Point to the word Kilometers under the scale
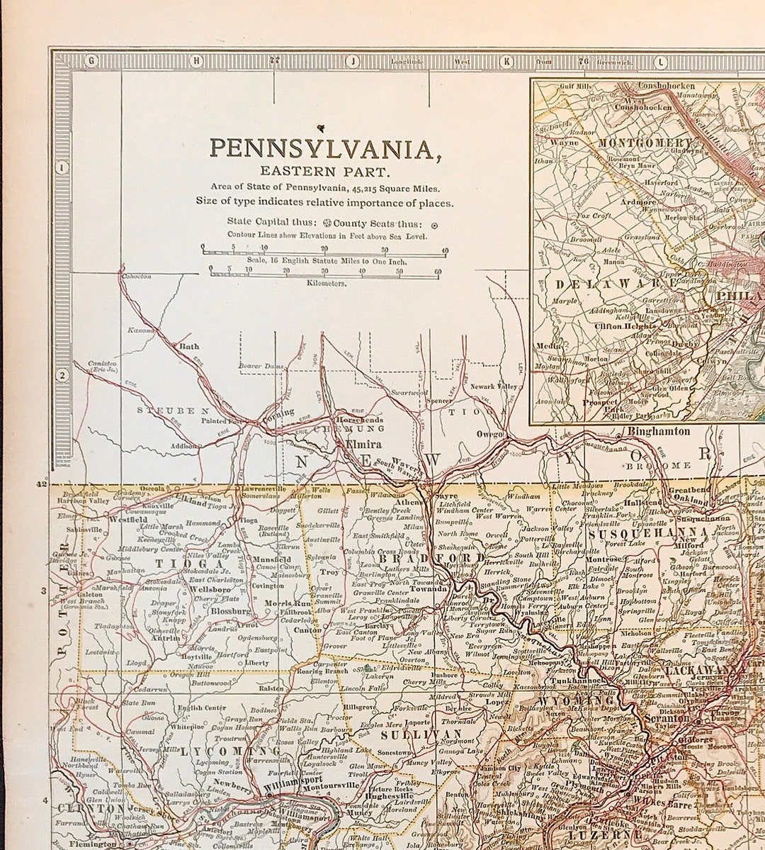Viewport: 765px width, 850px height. [327, 283]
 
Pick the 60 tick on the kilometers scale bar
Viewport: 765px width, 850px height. [438, 271]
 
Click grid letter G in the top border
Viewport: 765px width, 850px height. [90, 62]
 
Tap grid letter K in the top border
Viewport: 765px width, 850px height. [506, 62]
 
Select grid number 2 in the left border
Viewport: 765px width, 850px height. [62, 376]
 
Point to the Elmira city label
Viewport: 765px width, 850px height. [363, 444]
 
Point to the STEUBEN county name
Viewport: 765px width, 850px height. [174, 410]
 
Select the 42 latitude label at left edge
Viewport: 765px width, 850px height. [41, 485]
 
